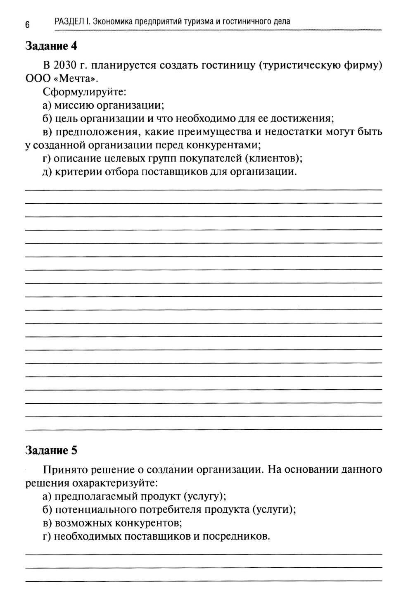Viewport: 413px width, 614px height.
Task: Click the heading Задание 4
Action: coord(51,45)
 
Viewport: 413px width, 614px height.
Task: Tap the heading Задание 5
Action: coord(51,450)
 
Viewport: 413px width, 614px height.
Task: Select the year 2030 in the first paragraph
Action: coord(66,65)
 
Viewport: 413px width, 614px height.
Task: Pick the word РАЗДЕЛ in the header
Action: coord(69,21)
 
